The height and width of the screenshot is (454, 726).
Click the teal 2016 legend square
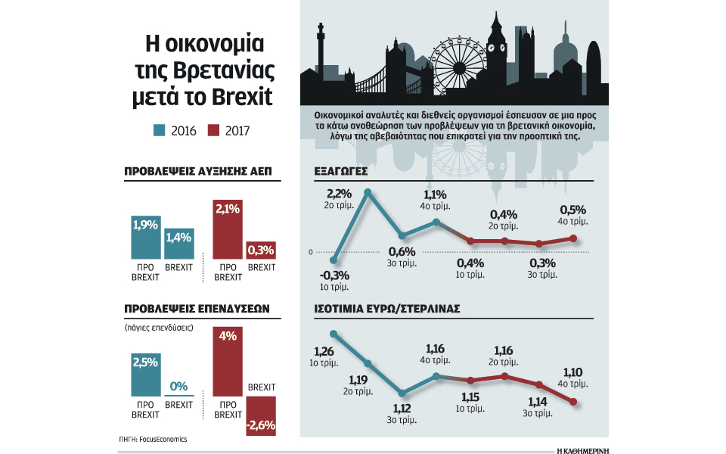pos(159,130)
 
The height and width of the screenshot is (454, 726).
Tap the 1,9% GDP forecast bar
pos(145,238)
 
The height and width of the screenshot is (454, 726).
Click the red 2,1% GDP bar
pos(228,232)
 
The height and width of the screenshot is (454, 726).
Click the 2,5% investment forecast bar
pos(145,375)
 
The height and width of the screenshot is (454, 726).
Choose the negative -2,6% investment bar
pos(261,416)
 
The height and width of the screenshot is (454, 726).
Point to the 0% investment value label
pos(178,386)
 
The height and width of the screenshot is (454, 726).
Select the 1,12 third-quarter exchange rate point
pos(402,393)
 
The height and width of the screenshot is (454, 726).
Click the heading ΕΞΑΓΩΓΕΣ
pos(340,172)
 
